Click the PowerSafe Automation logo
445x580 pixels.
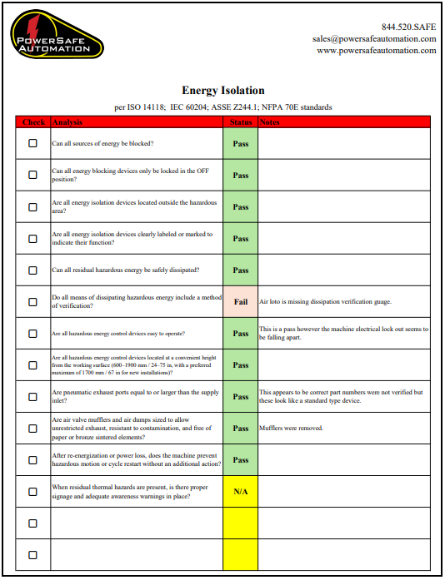click(57, 35)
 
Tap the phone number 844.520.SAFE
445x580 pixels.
click(408, 26)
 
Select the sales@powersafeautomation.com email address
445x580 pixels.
click(374, 38)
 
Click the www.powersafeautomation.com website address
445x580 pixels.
click(376, 50)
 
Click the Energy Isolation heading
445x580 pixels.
click(222, 91)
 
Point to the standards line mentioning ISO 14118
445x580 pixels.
click(222, 107)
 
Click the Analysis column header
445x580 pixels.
click(67, 122)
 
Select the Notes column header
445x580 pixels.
click(270, 122)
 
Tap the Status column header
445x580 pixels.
click(240, 122)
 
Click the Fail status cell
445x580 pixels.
click(240, 302)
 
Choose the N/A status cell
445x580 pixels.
click(240, 492)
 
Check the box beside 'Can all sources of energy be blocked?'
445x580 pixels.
click(33, 143)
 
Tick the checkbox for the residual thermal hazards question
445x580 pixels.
click(33, 492)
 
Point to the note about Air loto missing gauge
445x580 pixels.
click(325, 302)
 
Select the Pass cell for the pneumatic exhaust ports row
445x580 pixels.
click(240, 397)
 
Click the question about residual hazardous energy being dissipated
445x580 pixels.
click(125, 270)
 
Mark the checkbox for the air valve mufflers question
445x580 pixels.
click(33, 429)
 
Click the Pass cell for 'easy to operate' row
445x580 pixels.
click(240, 334)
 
